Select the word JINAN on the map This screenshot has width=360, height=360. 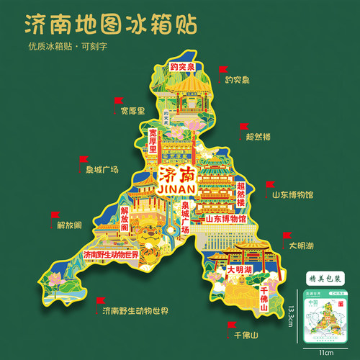click(x=174, y=191)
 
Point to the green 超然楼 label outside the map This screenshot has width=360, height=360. click(x=258, y=135)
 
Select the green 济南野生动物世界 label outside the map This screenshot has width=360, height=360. click(x=135, y=311)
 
